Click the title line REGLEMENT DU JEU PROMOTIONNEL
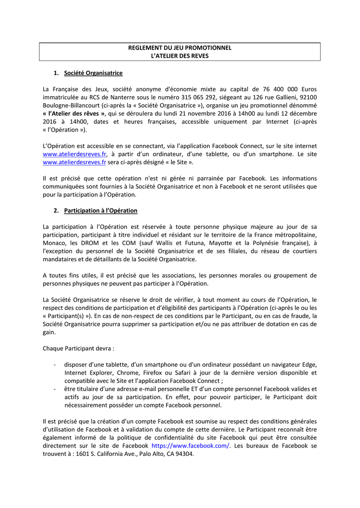pyautogui.click(x=180, y=48)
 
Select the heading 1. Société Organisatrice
pyautogui.click(x=93, y=73)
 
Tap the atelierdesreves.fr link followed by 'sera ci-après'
pyautogui.click(x=74, y=162)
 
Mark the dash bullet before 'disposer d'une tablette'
pyautogui.click(x=54, y=365)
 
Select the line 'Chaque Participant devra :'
pyautogui.click(x=78, y=348)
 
